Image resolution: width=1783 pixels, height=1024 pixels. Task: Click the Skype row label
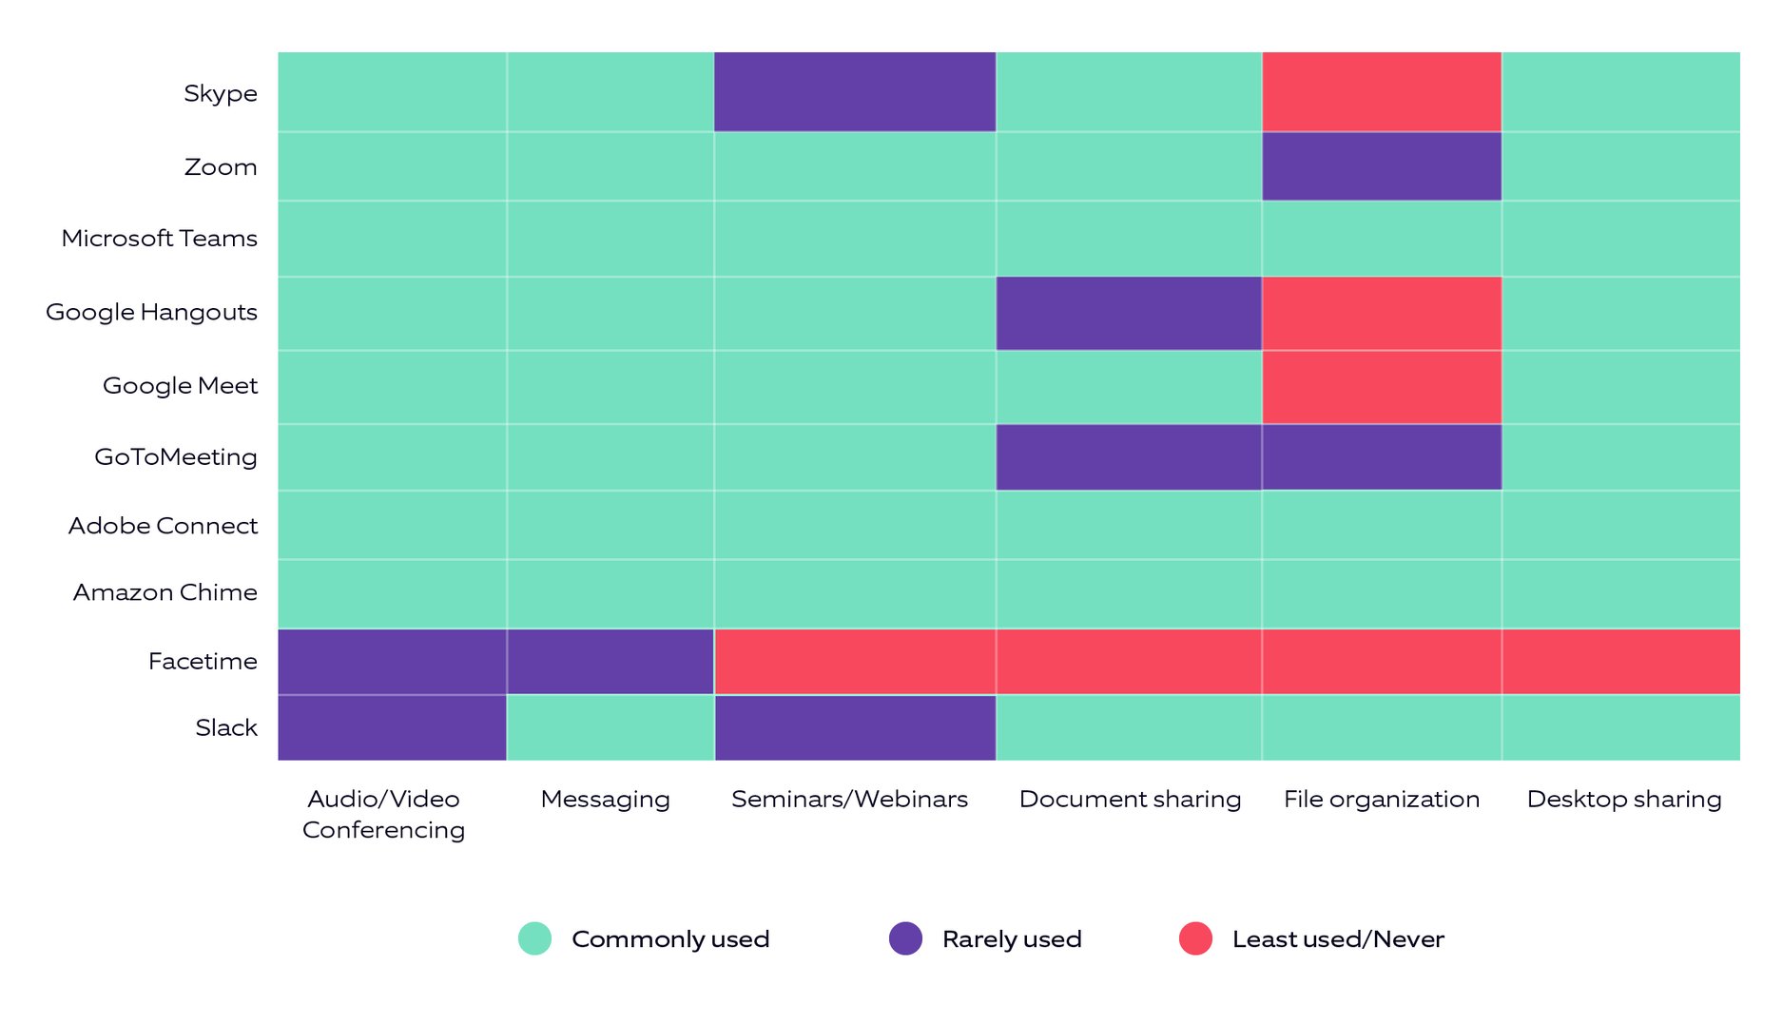click(x=220, y=93)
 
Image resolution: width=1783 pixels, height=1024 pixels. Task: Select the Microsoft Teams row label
click(x=159, y=238)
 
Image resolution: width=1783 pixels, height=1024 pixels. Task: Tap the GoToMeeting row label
click(x=175, y=456)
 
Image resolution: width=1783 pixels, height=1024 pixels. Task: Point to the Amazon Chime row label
click(x=165, y=592)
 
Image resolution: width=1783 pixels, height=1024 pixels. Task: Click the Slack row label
click(x=226, y=727)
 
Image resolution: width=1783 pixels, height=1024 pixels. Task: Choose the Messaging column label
click(x=605, y=799)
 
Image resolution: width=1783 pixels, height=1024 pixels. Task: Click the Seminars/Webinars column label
click(x=849, y=799)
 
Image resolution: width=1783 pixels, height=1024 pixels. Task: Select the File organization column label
click(x=1381, y=799)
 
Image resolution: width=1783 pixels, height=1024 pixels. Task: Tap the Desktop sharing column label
click(x=1623, y=799)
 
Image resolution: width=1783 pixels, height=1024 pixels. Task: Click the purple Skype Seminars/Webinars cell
click(x=854, y=91)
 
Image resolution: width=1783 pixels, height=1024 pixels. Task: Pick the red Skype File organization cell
click(x=1381, y=91)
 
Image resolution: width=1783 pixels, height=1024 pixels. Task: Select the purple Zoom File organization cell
click(x=1381, y=166)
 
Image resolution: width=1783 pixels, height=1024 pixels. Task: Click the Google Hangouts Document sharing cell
click(x=1128, y=313)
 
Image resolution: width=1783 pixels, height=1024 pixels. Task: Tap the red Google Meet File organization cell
click(x=1381, y=387)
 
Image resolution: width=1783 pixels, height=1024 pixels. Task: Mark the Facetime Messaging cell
click(x=610, y=661)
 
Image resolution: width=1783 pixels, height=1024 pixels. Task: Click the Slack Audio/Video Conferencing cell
click(x=392, y=727)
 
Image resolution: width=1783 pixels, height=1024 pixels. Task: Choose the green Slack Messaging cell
click(x=610, y=727)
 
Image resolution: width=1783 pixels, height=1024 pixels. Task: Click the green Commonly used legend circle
click(x=534, y=938)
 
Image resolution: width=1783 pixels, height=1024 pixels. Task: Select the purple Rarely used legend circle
click(x=905, y=938)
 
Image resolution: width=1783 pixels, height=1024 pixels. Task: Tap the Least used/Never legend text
click(x=1337, y=939)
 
